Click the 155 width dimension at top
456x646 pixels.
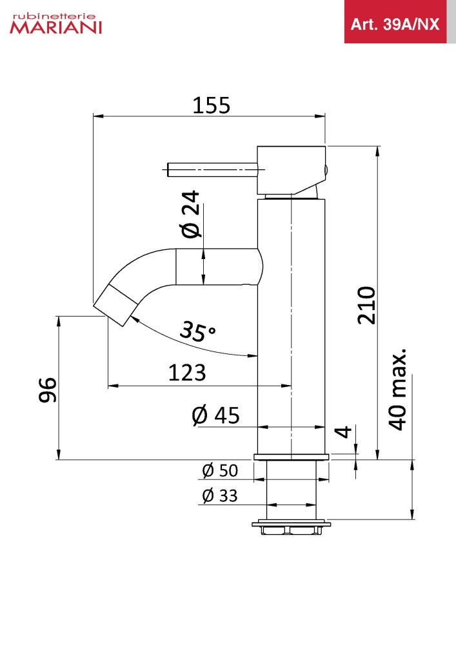pyautogui.click(x=212, y=105)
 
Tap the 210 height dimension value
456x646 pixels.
pyautogui.click(x=366, y=306)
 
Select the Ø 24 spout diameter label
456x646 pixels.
pyautogui.click(x=191, y=214)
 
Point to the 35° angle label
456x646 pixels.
pyautogui.click(x=198, y=331)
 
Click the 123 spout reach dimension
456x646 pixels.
pyautogui.click(x=187, y=373)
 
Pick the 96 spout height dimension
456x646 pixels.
pyautogui.click(x=48, y=390)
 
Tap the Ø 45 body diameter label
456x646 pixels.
pyautogui.click(x=215, y=415)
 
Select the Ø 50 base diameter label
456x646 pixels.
pyautogui.click(x=220, y=470)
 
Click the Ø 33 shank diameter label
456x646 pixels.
pyautogui.click(x=220, y=495)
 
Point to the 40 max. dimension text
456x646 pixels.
pyautogui.click(x=398, y=390)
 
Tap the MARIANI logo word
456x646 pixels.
pyautogui.click(x=56, y=28)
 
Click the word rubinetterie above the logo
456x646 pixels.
pyautogui.click(x=54, y=17)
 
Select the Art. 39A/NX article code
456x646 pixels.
pyautogui.click(x=395, y=25)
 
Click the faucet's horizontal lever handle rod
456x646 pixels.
pyautogui.click(x=213, y=170)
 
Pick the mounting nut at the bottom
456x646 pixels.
pyautogui.click(x=291, y=527)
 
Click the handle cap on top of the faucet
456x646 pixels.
pyautogui.click(x=292, y=170)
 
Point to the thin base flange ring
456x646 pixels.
pyautogui.click(x=291, y=457)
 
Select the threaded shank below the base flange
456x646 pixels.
pyautogui.click(x=291, y=490)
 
